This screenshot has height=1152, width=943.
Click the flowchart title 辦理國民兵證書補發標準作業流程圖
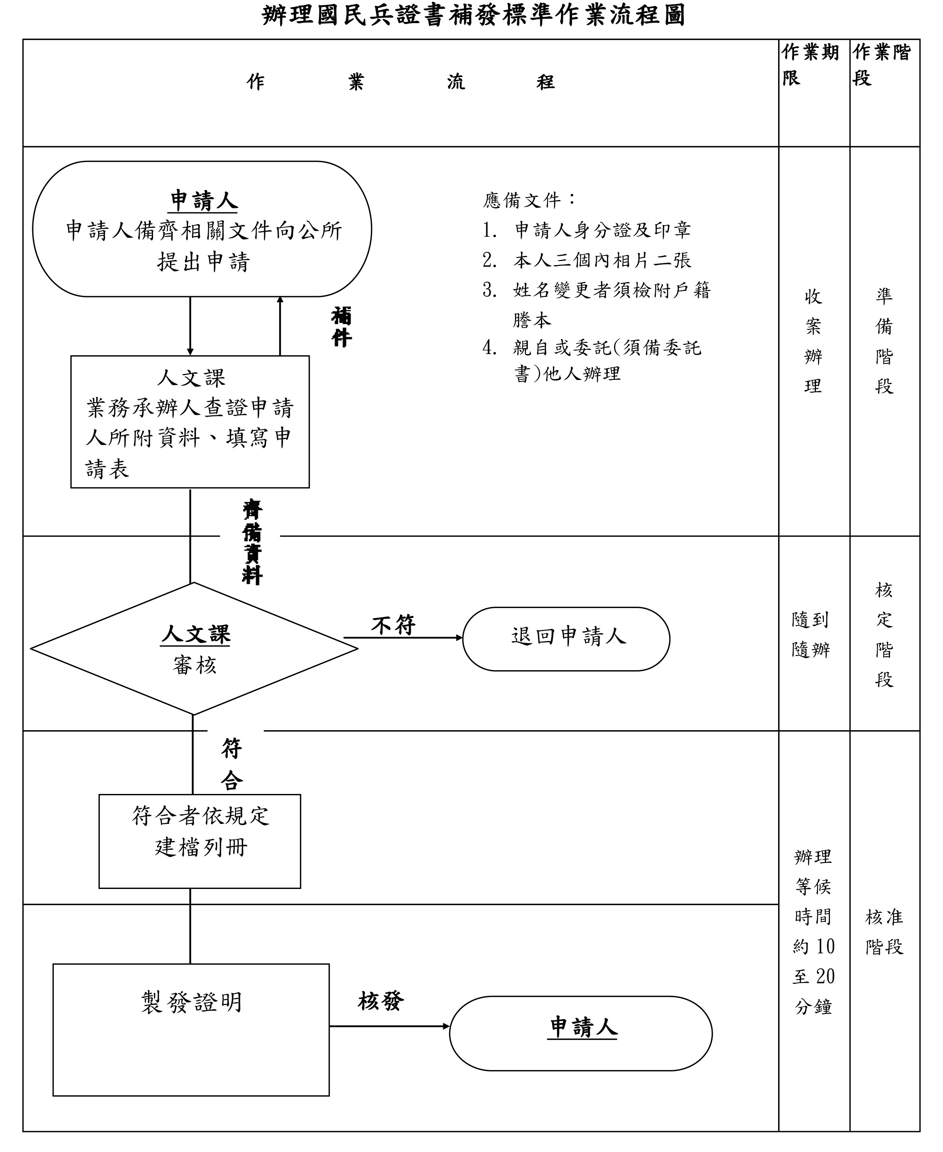click(473, 15)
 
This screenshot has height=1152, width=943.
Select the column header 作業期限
click(810, 65)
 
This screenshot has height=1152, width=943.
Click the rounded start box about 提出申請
click(202, 229)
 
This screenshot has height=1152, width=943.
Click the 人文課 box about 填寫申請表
click(190, 422)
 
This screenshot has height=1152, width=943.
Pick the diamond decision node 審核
click(194, 649)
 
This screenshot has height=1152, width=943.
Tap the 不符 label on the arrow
click(393, 625)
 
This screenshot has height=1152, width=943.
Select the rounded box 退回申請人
click(566, 639)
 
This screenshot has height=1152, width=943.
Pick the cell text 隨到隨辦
click(810, 634)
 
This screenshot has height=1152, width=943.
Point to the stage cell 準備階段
click(884, 341)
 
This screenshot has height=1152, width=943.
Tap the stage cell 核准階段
click(884, 932)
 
